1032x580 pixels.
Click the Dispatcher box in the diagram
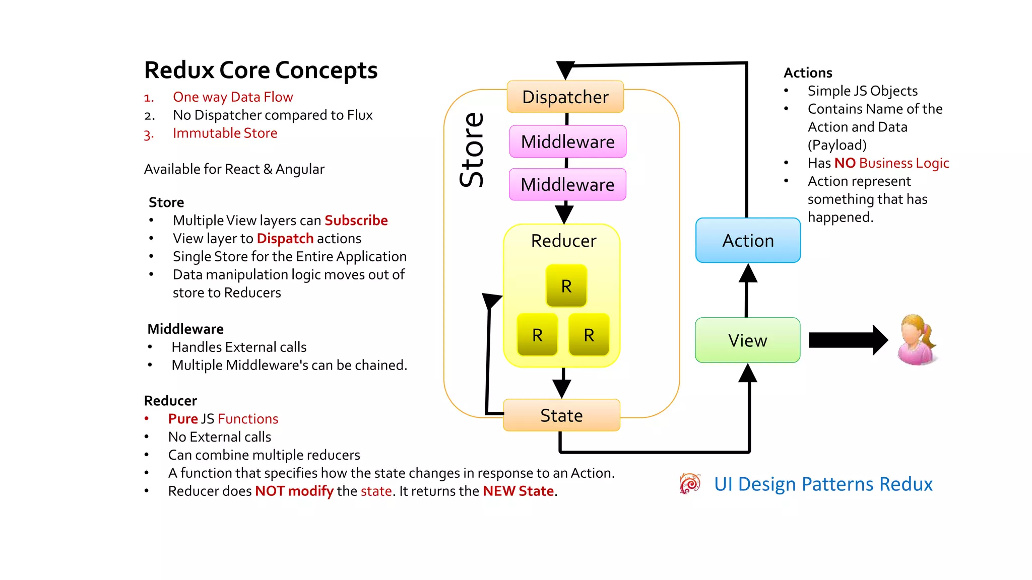click(x=565, y=97)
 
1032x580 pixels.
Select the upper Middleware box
click(x=567, y=141)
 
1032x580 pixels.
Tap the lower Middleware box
click(x=567, y=184)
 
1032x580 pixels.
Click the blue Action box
click(x=748, y=240)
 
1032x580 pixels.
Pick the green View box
click(x=747, y=340)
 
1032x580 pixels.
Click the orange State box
click(x=561, y=415)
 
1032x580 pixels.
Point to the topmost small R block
click(x=566, y=285)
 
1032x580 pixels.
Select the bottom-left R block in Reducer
click(x=537, y=334)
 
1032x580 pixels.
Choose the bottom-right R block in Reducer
click(x=589, y=334)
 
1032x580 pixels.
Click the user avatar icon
click(x=917, y=339)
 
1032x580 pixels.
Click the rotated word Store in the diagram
click(x=472, y=150)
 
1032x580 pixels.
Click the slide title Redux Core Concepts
click(x=261, y=70)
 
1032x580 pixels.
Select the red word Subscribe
click(x=356, y=221)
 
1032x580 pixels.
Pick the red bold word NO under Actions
click(x=845, y=163)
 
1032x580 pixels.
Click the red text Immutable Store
click(x=225, y=133)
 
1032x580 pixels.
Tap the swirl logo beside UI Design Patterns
click(x=690, y=484)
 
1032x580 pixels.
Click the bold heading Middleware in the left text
click(x=185, y=329)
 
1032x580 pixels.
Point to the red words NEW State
click(x=518, y=491)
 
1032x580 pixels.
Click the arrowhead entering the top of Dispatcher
click(x=565, y=70)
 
